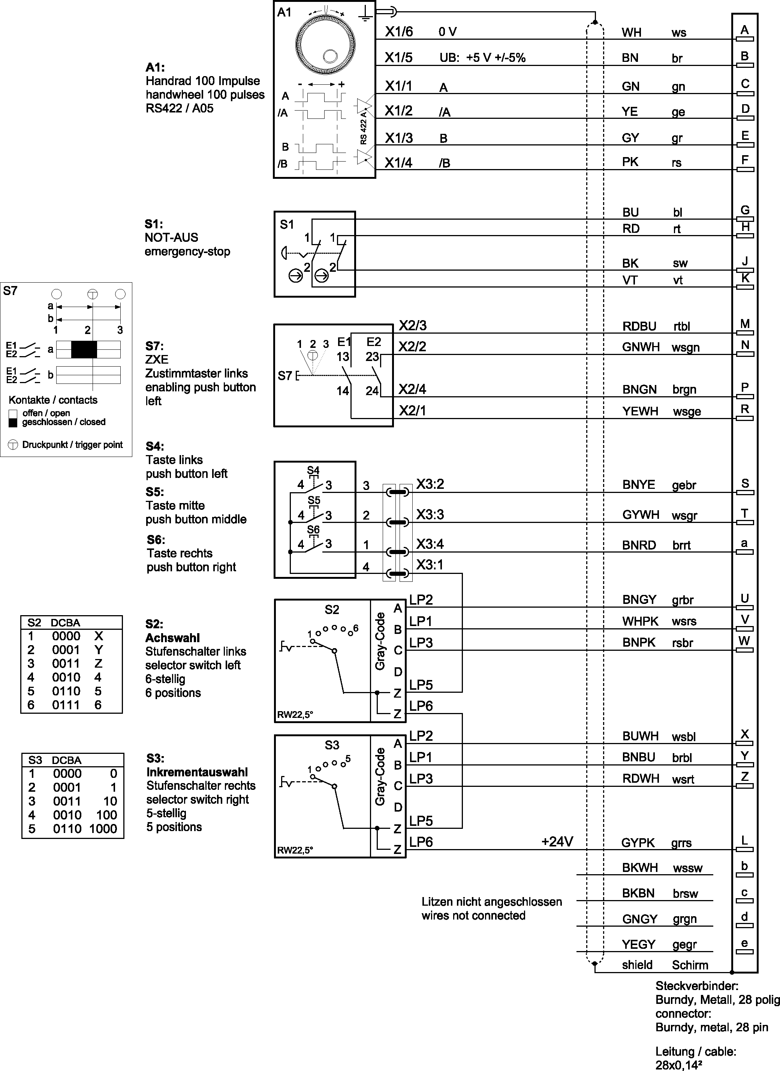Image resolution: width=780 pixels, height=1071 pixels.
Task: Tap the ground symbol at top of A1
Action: point(364,15)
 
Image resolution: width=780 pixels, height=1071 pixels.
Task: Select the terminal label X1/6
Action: point(398,31)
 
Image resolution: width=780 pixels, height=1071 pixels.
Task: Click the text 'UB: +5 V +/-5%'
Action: point(482,58)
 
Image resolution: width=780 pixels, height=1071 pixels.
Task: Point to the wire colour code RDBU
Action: point(639,326)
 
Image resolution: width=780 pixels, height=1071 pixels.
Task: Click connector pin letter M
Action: point(745,324)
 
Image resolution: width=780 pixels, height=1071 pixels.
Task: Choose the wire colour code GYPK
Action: point(638,843)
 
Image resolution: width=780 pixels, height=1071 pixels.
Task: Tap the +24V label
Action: point(557,842)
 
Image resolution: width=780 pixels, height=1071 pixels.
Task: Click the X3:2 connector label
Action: point(430,484)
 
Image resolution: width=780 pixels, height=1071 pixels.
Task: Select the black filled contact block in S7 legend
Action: point(84,349)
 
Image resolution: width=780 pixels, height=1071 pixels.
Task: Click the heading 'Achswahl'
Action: point(172,638)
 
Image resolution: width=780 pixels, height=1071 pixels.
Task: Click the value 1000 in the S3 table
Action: point(103,829)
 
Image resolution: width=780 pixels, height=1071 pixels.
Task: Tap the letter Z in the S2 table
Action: point(98,664)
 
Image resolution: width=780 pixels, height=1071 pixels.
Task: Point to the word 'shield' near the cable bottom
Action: point(637,965)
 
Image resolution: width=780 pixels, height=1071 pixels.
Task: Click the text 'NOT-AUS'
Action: point(171,238)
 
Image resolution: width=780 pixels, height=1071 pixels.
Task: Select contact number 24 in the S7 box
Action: point(372,391)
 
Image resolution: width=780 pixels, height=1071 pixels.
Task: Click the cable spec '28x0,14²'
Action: point(678,1064)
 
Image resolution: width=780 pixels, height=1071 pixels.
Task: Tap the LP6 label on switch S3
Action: point(421,842)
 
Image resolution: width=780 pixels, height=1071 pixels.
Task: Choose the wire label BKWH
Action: point(640,868)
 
